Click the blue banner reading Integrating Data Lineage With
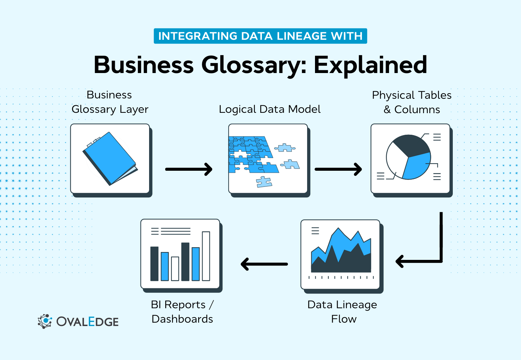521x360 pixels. [260, 36]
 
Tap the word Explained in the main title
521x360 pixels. [370, 65]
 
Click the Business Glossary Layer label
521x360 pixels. [110, 102]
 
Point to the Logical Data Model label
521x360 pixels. [270, 109]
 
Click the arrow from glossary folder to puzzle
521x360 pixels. [189, 169]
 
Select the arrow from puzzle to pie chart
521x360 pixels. [338, 169]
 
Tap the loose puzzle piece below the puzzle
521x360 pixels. [264, 182]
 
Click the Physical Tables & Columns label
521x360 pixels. [412, 102]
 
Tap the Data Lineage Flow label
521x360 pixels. [342, 312]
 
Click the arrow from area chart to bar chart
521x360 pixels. [264, 264]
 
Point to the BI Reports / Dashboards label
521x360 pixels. [182, 312]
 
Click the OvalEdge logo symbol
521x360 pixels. [45, 321]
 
